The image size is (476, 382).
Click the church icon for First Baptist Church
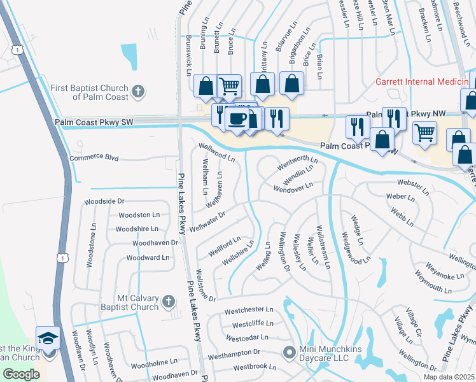click(x=137, y=92)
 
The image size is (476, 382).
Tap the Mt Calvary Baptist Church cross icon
click(x=168, y=301)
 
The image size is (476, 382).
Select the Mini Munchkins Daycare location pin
click(x=290, y=351)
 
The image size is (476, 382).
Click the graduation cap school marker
click(x=48, y=337)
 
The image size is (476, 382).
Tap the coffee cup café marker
click(x=237, y=118)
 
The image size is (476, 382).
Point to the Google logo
click(x=21, y=374)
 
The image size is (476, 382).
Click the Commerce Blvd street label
click(x=94, y=157)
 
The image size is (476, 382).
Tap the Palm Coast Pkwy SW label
click(x=94, y=121)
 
